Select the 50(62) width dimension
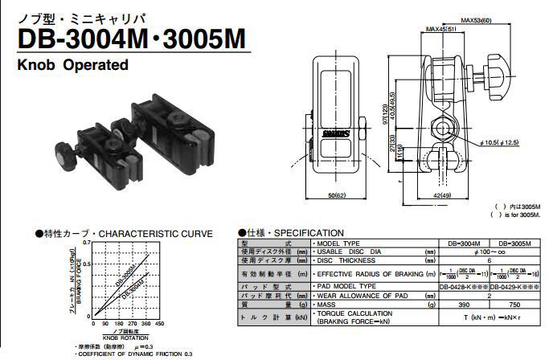(x=337, y=194)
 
